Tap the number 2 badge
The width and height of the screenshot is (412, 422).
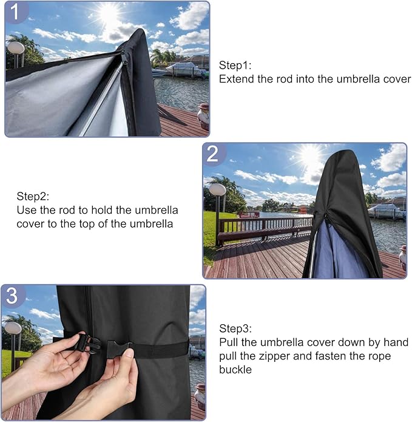pyautogui.click(x=213, y=154)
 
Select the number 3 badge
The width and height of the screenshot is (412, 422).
pyautogui.click(x=13, y=296)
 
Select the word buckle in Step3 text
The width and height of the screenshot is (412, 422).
pyautogui.click(x=233, y=369)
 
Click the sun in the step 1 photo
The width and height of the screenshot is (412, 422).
pyautogui.click(x=109, y=13)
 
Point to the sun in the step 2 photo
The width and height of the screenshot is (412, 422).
pyautogui.click(x=311, y=155)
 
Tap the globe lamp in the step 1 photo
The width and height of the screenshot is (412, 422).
pyautogui.click(x=16, y=47)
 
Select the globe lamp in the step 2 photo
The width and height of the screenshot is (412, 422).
pyautogui.click(x=217, y=189)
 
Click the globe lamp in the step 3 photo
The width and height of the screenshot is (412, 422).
pyautogui.click(x=13, y=328)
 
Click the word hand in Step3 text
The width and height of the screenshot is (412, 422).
pyautogui.click(x=397, y=342)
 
